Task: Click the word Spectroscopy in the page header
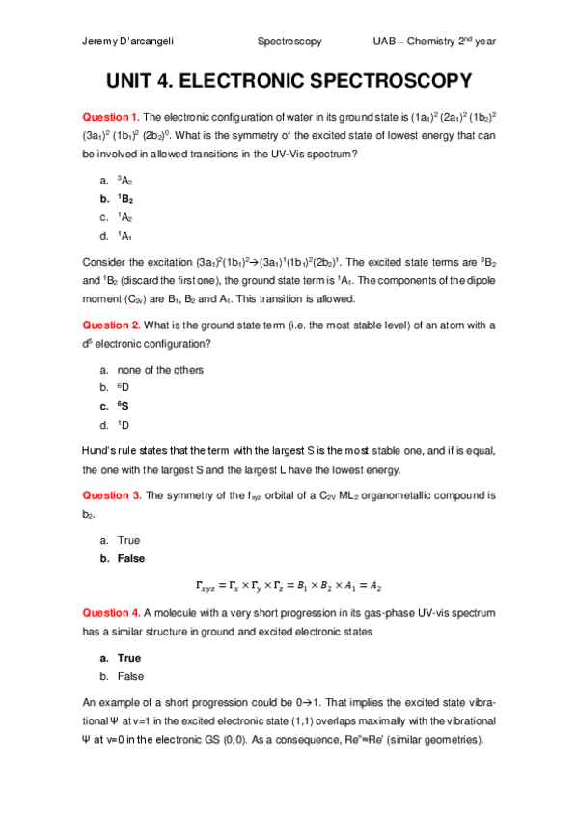[289, 42]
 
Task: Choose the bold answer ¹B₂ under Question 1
[124, 198]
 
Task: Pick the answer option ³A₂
[124, 180]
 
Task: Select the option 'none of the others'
[159, 370]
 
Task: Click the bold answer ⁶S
[123, 407]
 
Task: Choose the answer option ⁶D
[123, 388]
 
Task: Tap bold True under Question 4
[128, 658]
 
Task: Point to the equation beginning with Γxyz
[289, 585]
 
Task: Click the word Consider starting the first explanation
[106, 262]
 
